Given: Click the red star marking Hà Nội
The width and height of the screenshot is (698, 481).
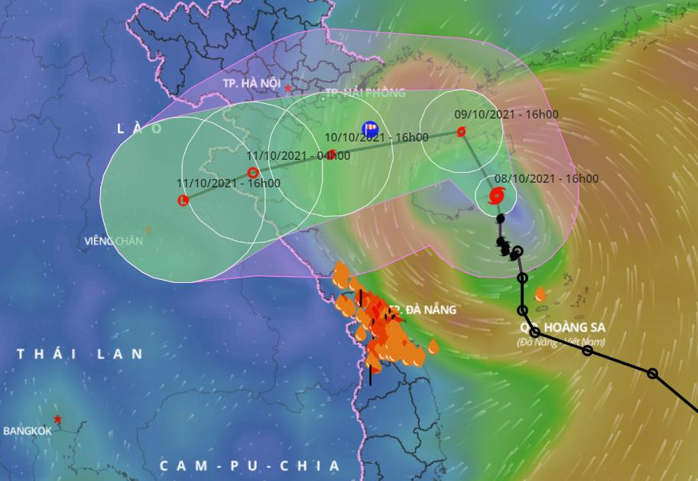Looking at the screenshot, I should [287, 89].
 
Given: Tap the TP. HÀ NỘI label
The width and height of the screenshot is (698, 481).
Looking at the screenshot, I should [250, 82].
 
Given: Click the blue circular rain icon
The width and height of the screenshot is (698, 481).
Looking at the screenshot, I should [370, 128].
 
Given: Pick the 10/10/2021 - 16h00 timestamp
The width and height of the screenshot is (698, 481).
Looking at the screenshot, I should [376, 138].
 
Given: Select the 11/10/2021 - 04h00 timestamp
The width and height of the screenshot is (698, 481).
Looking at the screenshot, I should [298, 155].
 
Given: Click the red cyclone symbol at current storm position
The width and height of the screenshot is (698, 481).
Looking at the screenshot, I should [496, 197].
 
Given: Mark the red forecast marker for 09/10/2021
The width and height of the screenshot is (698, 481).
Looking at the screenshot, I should [461, 132].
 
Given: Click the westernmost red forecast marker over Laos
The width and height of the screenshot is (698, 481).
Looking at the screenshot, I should [183, 200].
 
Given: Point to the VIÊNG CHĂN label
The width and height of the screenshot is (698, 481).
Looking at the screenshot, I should [114, 242].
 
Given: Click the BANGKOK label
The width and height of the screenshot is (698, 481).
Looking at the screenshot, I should [28, 431].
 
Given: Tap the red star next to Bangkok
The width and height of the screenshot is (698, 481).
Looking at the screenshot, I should [58, 419].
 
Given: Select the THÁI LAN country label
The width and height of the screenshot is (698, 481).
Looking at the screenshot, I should [80, 354].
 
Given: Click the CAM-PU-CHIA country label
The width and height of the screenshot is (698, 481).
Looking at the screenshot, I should [249, 466].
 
